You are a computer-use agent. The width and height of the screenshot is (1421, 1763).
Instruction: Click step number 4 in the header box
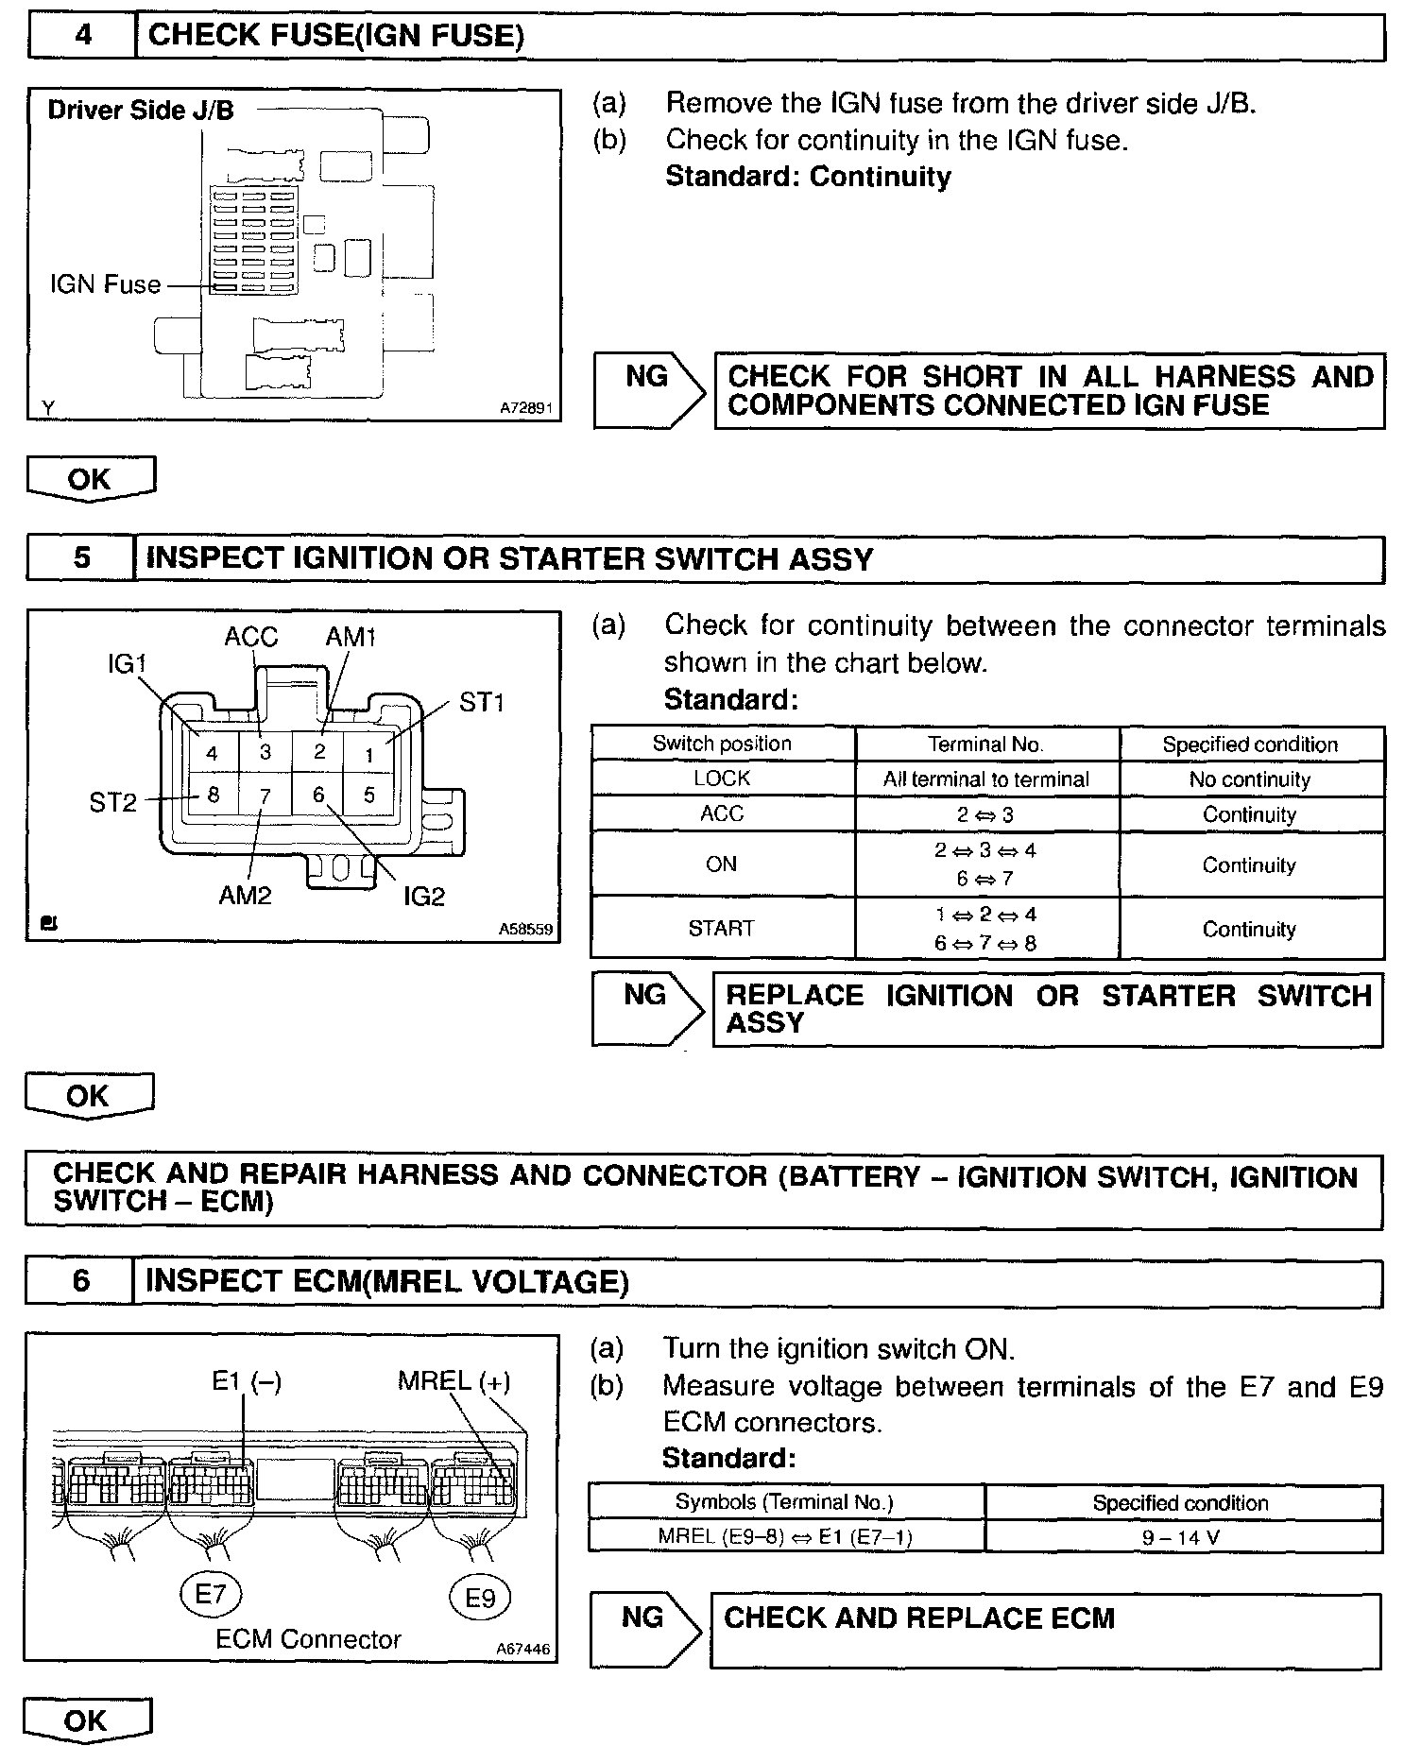tap(83, 36)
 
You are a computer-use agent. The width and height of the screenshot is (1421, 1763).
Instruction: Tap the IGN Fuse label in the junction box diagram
tap(105, 284)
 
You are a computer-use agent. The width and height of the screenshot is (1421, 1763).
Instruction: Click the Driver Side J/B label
tap(140, 111)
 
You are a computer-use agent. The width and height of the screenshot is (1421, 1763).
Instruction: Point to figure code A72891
tap(527, 409)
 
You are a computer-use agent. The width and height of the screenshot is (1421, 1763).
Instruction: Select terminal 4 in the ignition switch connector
tap(212, 753)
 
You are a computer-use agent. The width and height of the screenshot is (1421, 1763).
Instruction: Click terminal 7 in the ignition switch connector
tap(265, 796)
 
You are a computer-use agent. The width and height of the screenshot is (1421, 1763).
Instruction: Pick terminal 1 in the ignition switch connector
tap(369, 755)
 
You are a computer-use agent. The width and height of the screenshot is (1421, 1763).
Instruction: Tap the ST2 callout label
tap(112, 803)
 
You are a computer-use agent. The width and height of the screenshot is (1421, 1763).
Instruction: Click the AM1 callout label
tap(350, 637)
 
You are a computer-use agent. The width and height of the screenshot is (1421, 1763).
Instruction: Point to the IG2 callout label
tap(423, 896)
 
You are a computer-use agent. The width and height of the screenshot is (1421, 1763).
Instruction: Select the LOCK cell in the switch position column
tap(722, 779)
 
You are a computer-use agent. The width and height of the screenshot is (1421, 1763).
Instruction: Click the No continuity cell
tap(1249, 779)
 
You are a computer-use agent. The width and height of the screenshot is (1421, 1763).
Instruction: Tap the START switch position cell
tap(722, 928)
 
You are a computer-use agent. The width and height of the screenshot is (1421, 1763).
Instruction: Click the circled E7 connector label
tap(210, 1595)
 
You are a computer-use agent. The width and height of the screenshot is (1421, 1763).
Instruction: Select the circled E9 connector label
tap(479, 1598)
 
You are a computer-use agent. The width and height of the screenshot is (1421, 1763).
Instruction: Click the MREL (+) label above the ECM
tap(454, 1381)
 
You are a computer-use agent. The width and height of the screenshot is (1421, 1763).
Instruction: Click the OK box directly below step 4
tap(90, 479)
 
